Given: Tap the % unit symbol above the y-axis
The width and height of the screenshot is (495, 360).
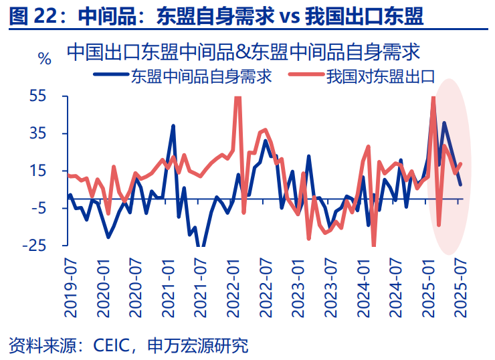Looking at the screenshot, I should coord(45,59).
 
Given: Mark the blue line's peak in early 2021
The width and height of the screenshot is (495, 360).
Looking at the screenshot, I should coord(173,126).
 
